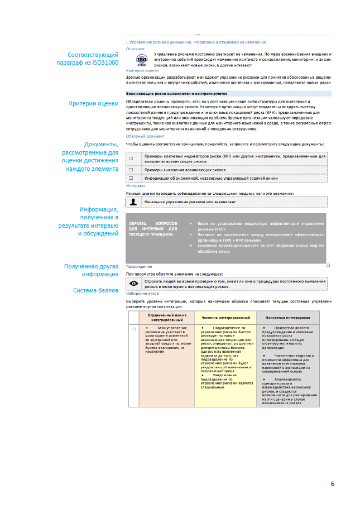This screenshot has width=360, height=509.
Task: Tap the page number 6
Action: (332, 483)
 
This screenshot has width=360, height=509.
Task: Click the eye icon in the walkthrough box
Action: (134, 284)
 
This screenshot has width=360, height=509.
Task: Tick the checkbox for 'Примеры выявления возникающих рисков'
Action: (131, 169)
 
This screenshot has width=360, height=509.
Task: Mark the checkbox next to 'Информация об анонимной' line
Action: (131, 179)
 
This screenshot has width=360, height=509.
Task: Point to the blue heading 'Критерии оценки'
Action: (142, 71)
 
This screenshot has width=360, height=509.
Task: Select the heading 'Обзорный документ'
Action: (145, 136)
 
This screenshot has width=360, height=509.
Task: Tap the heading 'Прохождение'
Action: (138, 267)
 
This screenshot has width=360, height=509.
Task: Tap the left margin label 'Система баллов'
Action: (95, 291)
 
